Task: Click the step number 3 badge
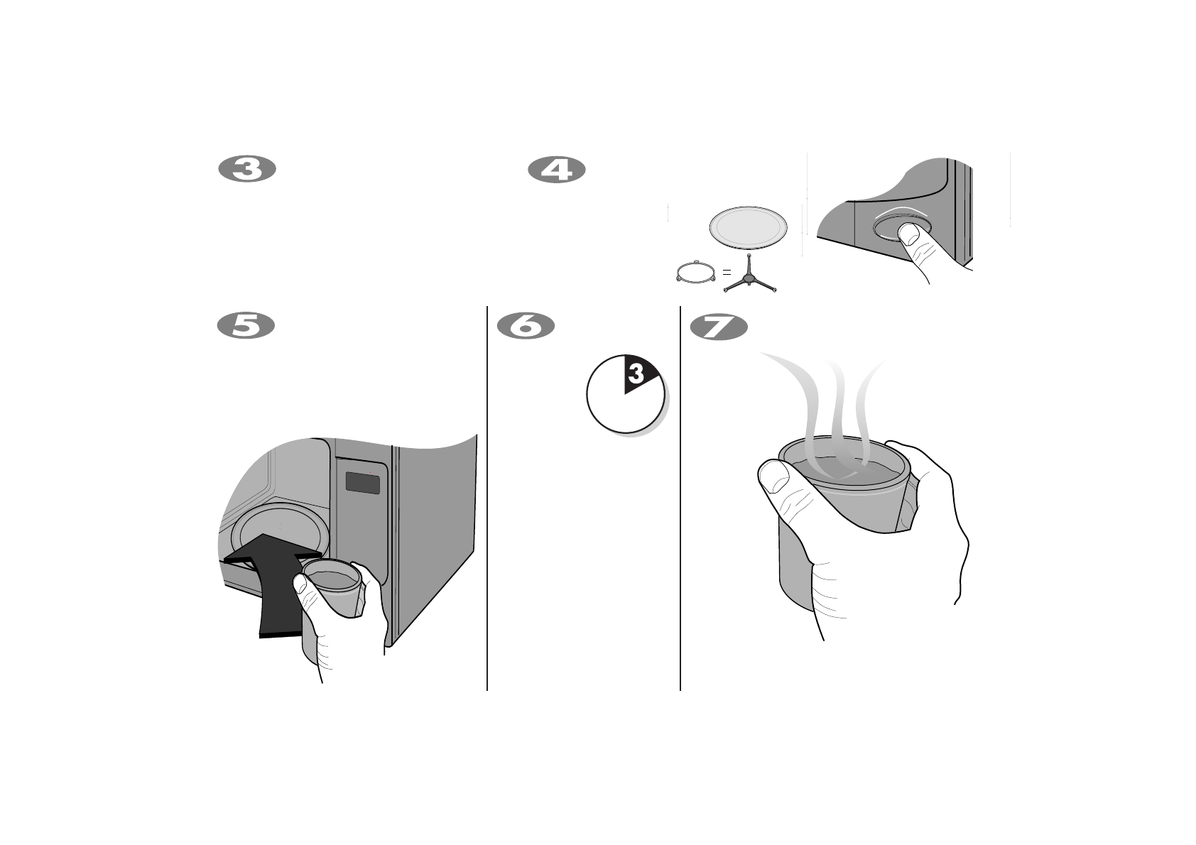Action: coord(246,170)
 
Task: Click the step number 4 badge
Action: coord(557,170)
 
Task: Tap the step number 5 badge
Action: coord(246,325)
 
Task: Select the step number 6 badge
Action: coord(526,325)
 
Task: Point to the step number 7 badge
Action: coord(719,327)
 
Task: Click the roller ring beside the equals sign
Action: coord(696,273)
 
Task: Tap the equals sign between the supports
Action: coord(727,272)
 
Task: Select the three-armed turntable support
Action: coord(751,280)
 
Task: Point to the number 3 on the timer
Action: coord(636,374)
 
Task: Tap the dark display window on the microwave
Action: coord(362,484)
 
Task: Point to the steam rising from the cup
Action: coord(838,398)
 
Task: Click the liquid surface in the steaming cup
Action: coord(845,469)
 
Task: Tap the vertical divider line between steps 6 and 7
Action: coord(680,497)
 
